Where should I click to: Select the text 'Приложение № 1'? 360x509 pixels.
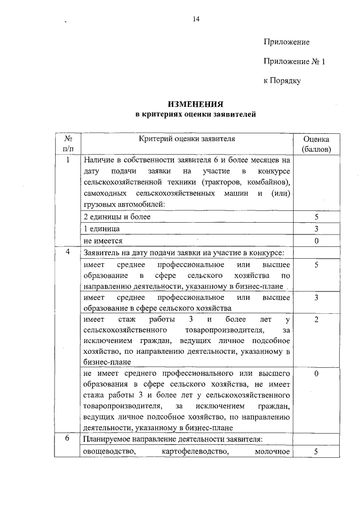click(294, 61)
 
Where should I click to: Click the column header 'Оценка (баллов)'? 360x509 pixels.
click(316, 144)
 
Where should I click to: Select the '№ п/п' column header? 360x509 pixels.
click(68, 144)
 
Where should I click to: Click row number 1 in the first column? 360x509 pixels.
click(68, 160)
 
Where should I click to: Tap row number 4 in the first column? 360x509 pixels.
click(68, 251)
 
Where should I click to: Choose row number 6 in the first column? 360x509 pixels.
click(68, 439)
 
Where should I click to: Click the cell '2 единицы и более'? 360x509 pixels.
click(116, 217)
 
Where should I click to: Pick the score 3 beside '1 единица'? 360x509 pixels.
click(317, 229)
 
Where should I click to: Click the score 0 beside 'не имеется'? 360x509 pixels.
click(317, 241)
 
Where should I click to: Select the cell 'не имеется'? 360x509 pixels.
click(103, 241)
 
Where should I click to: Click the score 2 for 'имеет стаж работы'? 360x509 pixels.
click(317, 319)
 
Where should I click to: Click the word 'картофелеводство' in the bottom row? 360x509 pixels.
click(195, 452)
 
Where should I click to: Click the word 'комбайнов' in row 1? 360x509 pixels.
click(266, 183)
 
